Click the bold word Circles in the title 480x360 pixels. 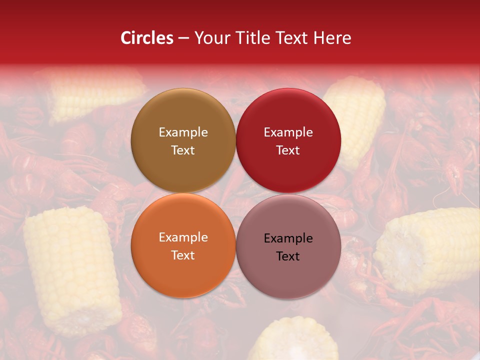pyautogui.click(x=147, y=38)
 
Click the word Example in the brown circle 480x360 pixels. pyautogui.click(x=183, y=132)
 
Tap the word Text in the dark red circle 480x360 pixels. pyautogui.click(x=288, y=150)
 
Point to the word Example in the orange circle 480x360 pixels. pyautogui.click(x=183, y=237)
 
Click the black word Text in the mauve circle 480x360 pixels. pyautogui.click(x=288, y=256)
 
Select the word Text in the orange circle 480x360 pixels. pyautogui.click(x=183, y=255)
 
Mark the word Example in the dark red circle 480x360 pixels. pyautogui.click(x=288, y=132)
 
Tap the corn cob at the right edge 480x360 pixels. pyautogui.click(x=430, y=247)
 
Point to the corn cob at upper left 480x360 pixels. pyautogui.click(x=95, y=92)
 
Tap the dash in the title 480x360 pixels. pyautogui.click(x=183, y=38)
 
